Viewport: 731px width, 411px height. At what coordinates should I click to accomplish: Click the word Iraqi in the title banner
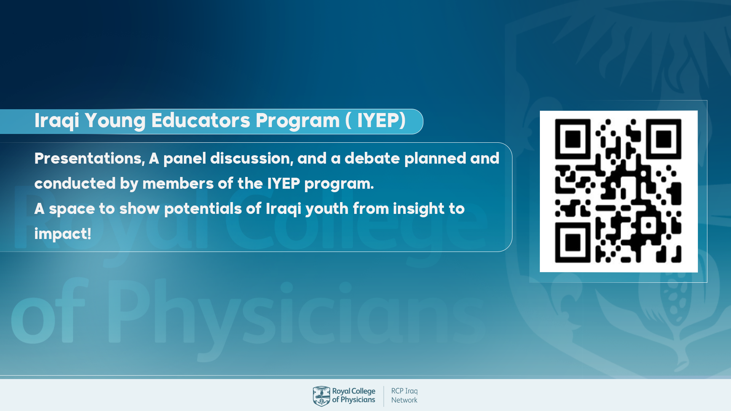pyautogui.click(x=57, y=121)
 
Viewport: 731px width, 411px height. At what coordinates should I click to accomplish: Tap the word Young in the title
pyautogui.click(x=115, y=121)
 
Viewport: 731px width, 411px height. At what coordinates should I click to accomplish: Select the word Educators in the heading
pyautogui.click(x=201, y=120)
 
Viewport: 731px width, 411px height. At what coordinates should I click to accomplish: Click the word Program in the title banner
pyautogui.click(x=297, y=121)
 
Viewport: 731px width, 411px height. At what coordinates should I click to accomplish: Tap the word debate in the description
pyautogui.click(x=372, y=158)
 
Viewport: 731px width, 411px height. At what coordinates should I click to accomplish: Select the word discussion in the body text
pyautogui.click(x=252, y=158)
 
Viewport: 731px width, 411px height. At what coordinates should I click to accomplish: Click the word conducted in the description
pyautogui.click(x=75, y=183)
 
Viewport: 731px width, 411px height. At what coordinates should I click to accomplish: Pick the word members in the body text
pyautogui.click(x=178, y=183)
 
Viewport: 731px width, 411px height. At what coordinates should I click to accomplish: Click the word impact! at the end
pyautogui.click(x=63, y=234)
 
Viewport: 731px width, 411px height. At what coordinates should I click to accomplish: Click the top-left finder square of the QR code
pyautogui.click(x=573, y=139)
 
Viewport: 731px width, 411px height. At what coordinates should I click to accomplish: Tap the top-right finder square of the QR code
pyautogui.click(x=663, y=139)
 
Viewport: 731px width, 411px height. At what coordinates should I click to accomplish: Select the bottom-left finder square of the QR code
pyautogui.click(x=573, y=243)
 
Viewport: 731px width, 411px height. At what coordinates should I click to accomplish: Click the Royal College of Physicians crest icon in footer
pyautogui.click(x=321, y=396)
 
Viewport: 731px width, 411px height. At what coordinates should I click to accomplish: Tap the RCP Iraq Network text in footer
pyautogui.click(x=404, y=395)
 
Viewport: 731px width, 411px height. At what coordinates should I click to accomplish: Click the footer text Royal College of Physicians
pyautogui.click(x=354, y=395)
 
